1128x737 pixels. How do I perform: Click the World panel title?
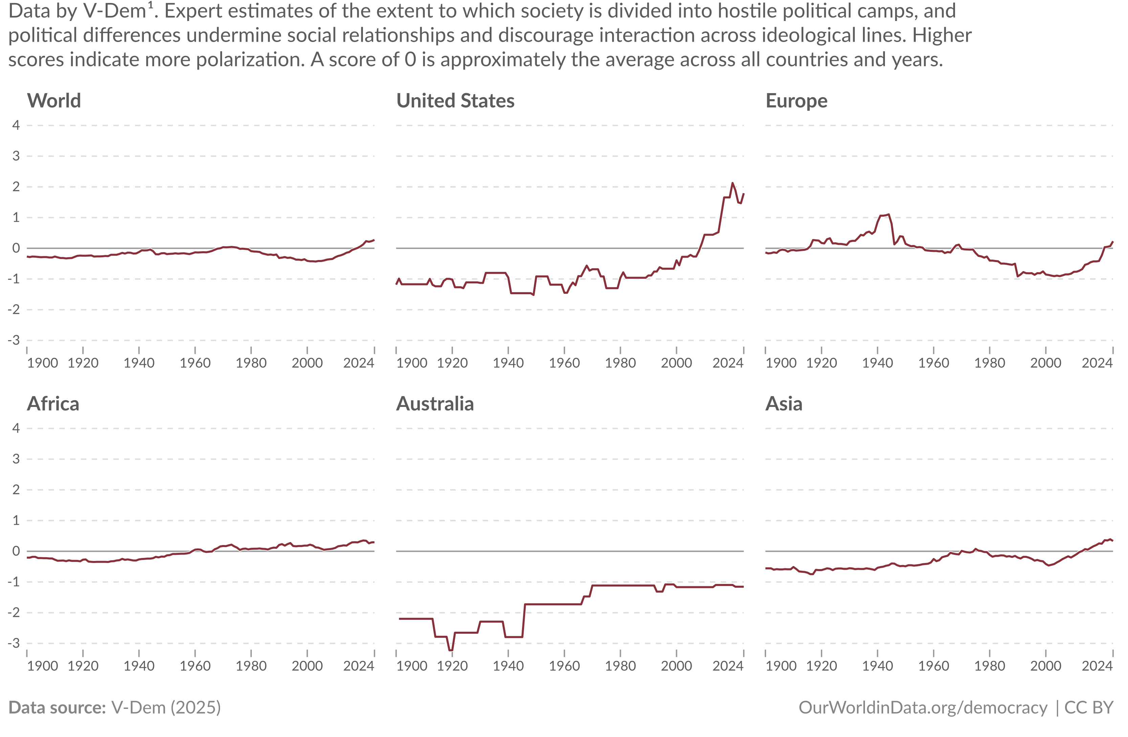point(54,101)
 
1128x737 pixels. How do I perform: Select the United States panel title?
point(455,101)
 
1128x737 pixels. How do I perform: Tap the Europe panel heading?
point(796,101)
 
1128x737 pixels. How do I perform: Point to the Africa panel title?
point(53,404)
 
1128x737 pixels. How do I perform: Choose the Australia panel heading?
point(435,404)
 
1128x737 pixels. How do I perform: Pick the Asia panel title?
point(784,404)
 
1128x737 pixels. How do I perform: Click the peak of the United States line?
point(732,183)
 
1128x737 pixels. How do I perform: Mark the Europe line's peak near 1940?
point(888,214)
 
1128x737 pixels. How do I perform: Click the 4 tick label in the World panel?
point(16,125)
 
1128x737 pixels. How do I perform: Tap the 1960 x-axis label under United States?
point(564,363)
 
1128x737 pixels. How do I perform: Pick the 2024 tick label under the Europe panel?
point(1097,363)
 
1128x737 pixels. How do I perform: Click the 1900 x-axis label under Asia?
point(781,666)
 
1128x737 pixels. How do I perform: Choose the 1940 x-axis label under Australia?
point(508,666)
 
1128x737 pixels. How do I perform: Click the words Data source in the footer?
point(57,708)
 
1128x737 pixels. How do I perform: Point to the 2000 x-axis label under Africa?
point(307,666)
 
